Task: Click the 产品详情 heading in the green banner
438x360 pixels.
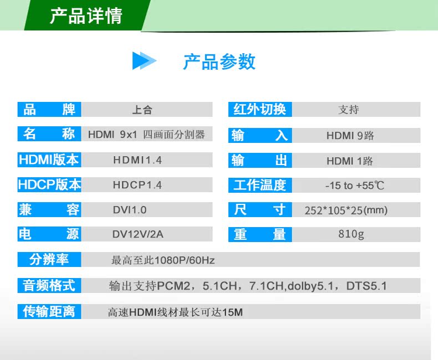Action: (x=86, y=16)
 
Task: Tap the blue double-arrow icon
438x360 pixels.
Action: (x=144, y=60)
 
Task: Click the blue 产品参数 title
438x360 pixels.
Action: (x=219, y=61)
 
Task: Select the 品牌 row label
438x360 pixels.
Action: (x=49, y=110)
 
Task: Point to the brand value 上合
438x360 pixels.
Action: (x=142, y=110)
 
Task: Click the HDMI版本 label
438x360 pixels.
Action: (x=49, y=160)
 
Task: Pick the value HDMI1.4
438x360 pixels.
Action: (x=137, y=160)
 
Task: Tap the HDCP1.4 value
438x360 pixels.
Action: (x=137, y=185)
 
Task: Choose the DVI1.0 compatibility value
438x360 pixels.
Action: (x=130, y=210)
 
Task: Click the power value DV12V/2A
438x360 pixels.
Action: (x=137, y=234)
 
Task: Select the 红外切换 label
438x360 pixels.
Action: (x=260, y=109)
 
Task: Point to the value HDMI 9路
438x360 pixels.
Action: (x=350, y=136)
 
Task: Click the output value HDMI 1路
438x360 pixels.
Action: (x=350, y=161)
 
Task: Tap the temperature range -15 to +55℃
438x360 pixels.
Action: (x=355, y=186)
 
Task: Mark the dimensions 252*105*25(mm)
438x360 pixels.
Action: (x=346, y=210)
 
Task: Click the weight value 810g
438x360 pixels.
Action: (x=351, y=234)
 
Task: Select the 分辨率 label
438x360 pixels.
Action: (x=49, y=260)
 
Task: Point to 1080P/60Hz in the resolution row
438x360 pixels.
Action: (x=185, y=260)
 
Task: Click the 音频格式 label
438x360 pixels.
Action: (x=49, y=285)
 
